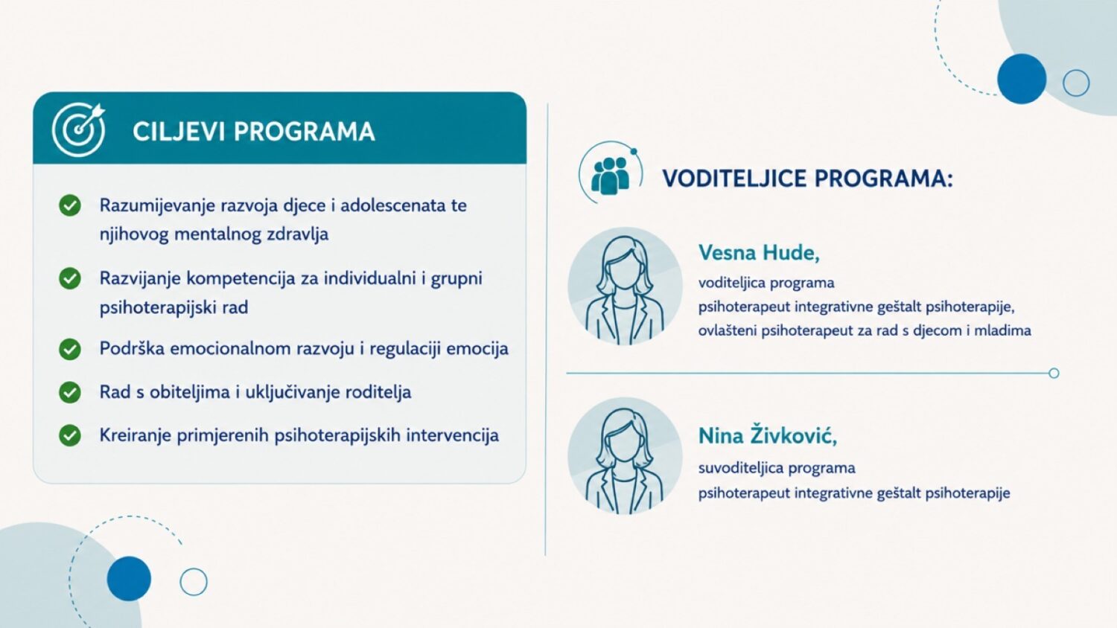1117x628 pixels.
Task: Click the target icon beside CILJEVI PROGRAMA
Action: click(x=78, y=129)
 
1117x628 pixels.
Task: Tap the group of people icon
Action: click(x=609, y=175)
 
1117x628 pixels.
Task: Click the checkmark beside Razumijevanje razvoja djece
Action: click(x=70, y=205)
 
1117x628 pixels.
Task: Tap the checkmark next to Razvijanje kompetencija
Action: click(x=70, y=278)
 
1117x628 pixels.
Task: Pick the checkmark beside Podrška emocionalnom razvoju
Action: click(x=70, y=350)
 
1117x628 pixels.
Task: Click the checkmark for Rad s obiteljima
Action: click(x=70, y=393)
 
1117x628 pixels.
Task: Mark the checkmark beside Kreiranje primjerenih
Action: click(x=70, y=435)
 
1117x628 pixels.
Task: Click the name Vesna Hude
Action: click(x=759, y=253)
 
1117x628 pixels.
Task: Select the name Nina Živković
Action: click(x=768, y=435)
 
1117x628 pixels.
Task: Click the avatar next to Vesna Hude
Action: click(x=625, y=286)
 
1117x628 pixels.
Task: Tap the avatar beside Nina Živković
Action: click(x=625, y=456)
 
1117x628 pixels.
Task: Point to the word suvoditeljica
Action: click(x=740, y=468)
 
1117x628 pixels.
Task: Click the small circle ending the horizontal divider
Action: click(x=1054, y=374)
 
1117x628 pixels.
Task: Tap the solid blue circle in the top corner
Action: click(x=1022, y=79)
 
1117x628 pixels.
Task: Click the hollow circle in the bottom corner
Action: click(x=194, y=582)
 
